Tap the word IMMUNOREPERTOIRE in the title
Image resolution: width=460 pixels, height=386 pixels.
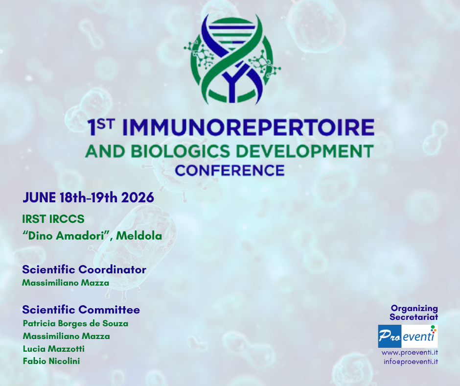(248, 127)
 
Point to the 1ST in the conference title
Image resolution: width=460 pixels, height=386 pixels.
(101, 127)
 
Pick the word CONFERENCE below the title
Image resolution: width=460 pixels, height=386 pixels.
(230, 170)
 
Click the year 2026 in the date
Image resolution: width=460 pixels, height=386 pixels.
(138, 197)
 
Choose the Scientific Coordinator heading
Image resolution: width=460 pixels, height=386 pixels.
(84, 269)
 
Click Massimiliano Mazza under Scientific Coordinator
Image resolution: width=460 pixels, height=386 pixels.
(66, 283)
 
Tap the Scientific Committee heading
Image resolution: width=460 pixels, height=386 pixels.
(81, 310)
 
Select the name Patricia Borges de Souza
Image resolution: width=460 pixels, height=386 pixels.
(75, 323)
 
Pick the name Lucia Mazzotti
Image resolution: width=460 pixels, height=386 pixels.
(54, 349)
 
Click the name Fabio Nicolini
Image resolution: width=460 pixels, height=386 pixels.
(51, 362)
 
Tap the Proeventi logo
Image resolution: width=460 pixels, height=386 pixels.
(408, 336)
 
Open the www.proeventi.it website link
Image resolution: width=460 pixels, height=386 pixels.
(410, 353)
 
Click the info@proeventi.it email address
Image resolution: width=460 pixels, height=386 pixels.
(411, 362)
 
